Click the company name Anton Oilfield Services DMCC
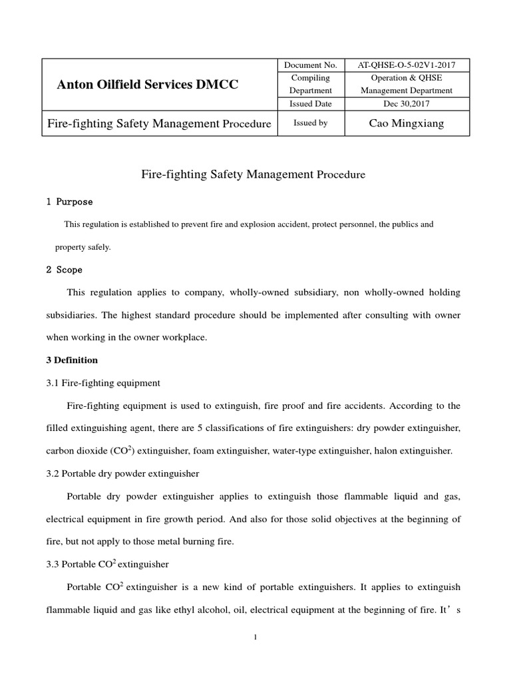click(x=147, y=85)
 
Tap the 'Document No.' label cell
click(x=311, y=65)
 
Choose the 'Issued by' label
click(x=311, y=123)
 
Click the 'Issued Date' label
click(x=311, y=104)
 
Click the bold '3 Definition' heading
click(x=72, y=360)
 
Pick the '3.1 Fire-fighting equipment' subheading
click(x=102, y=383)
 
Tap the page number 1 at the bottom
click(x=255, y=637)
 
